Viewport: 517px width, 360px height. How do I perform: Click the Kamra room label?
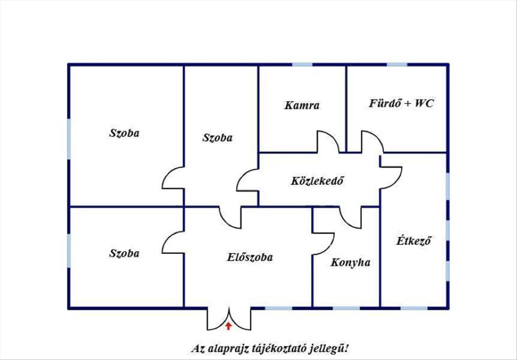[302, 105]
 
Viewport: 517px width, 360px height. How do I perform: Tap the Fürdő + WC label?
[401, 103]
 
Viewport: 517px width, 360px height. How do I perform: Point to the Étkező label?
[414, 240]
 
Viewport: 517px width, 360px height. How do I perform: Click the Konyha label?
[350, 262]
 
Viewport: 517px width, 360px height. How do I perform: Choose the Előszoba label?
[250, 258]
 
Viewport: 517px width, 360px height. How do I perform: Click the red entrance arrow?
[228, 326]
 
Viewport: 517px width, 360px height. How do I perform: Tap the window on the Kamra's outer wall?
[302, 65]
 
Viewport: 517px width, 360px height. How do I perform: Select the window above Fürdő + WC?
[397, 65]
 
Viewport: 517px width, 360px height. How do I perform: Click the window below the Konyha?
[346, 308]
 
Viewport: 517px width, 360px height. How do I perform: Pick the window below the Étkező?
[414, 308]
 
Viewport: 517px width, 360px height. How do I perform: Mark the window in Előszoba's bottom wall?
[278, 308]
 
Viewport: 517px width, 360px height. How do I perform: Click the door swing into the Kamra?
[328, 141]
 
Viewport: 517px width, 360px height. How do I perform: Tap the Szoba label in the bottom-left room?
[124, 253]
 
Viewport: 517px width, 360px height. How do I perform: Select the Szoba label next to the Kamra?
[217, 138]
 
